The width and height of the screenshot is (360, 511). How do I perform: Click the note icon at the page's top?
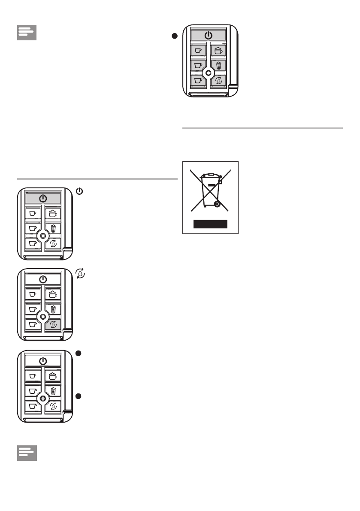(27, 33)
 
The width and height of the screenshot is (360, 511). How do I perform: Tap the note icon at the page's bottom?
(27, 453)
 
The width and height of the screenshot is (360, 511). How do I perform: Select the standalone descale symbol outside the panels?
(79, 272)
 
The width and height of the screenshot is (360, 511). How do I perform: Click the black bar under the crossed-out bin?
(210, 224)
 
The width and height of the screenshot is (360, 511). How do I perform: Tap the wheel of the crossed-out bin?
(218, 205)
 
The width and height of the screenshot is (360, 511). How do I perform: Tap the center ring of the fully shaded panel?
(208, 73)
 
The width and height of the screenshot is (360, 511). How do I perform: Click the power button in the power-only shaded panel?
(42, 198)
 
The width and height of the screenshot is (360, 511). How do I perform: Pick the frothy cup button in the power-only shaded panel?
(53, 213)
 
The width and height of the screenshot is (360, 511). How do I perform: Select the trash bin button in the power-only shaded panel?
(53, 228)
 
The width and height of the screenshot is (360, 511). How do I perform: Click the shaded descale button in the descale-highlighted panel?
(53, 325)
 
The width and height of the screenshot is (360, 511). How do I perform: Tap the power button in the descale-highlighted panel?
(42, 279)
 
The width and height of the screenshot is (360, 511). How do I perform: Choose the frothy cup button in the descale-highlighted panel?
(53, 294)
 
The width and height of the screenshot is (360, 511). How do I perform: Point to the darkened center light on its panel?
(42, 398)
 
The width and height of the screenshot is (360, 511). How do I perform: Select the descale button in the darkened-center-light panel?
(53, 406)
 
